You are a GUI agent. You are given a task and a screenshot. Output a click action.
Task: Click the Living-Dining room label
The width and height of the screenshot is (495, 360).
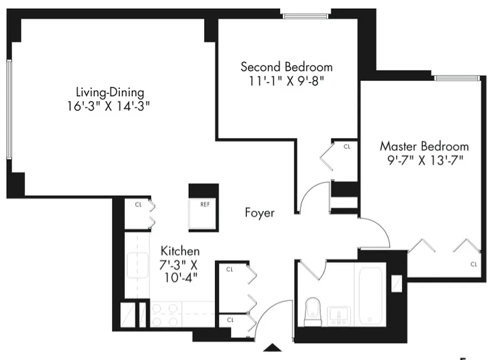(110, 93)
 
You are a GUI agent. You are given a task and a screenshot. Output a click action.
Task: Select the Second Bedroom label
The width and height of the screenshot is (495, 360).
(286, 67)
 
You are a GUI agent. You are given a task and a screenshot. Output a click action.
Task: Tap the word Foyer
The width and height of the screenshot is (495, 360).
(259, 212)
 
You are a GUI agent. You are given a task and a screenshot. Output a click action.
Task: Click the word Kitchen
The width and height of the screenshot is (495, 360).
(180, 251)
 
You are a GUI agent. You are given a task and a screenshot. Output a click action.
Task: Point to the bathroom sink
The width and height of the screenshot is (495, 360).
(338, 315)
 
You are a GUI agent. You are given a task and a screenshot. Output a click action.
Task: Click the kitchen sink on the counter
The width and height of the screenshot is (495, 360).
(137, 265)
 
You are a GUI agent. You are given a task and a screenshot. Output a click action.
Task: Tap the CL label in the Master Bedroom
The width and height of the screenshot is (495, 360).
(473, 265)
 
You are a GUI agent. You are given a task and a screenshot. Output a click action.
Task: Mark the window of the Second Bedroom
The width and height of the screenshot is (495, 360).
(307, 16)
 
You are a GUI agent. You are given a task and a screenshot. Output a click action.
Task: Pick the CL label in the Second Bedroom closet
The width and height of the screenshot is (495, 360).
(347, 147)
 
